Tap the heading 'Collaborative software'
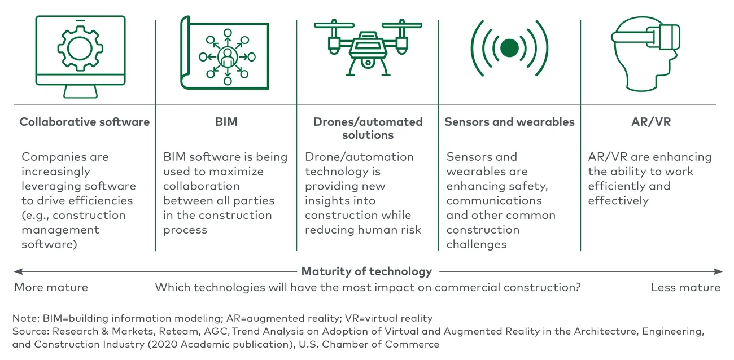point(85,122)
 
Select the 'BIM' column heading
point(226,122)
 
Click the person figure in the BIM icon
point(228,56)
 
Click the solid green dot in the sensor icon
point(509,48)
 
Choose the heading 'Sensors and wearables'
point(509,122)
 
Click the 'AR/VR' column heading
point(651,122)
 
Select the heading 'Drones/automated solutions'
point(368,128)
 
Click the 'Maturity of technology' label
point(366,271)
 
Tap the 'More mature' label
point(51,287)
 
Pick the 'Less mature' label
point(685,287)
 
